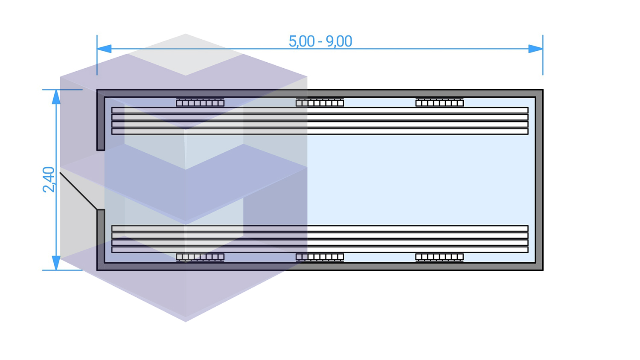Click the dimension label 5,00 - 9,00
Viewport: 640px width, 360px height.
point(320,41)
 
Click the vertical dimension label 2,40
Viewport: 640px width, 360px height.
point(49,180)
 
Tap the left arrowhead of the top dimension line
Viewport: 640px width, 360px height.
point(105,49)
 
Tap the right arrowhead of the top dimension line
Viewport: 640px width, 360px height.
point(535,49)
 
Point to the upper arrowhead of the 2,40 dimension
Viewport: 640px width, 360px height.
point(56,97)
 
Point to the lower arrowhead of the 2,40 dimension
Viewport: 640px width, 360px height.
point(56,262)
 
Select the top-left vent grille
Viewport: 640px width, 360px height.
point(200,102)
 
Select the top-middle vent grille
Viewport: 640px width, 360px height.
point(320,102)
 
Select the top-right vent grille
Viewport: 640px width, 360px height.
point(439,102)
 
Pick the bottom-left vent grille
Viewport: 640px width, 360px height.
point(200,257)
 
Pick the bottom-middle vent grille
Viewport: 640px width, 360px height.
point(320,257)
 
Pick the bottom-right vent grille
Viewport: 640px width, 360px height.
point(439,257)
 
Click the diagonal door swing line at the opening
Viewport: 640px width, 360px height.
point(79,191)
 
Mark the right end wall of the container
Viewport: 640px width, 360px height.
point(539,180)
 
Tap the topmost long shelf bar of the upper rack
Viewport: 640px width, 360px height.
point(320,110)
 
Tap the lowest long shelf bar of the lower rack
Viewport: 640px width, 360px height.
point(320,250)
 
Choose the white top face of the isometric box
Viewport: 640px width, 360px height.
point(186,54)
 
